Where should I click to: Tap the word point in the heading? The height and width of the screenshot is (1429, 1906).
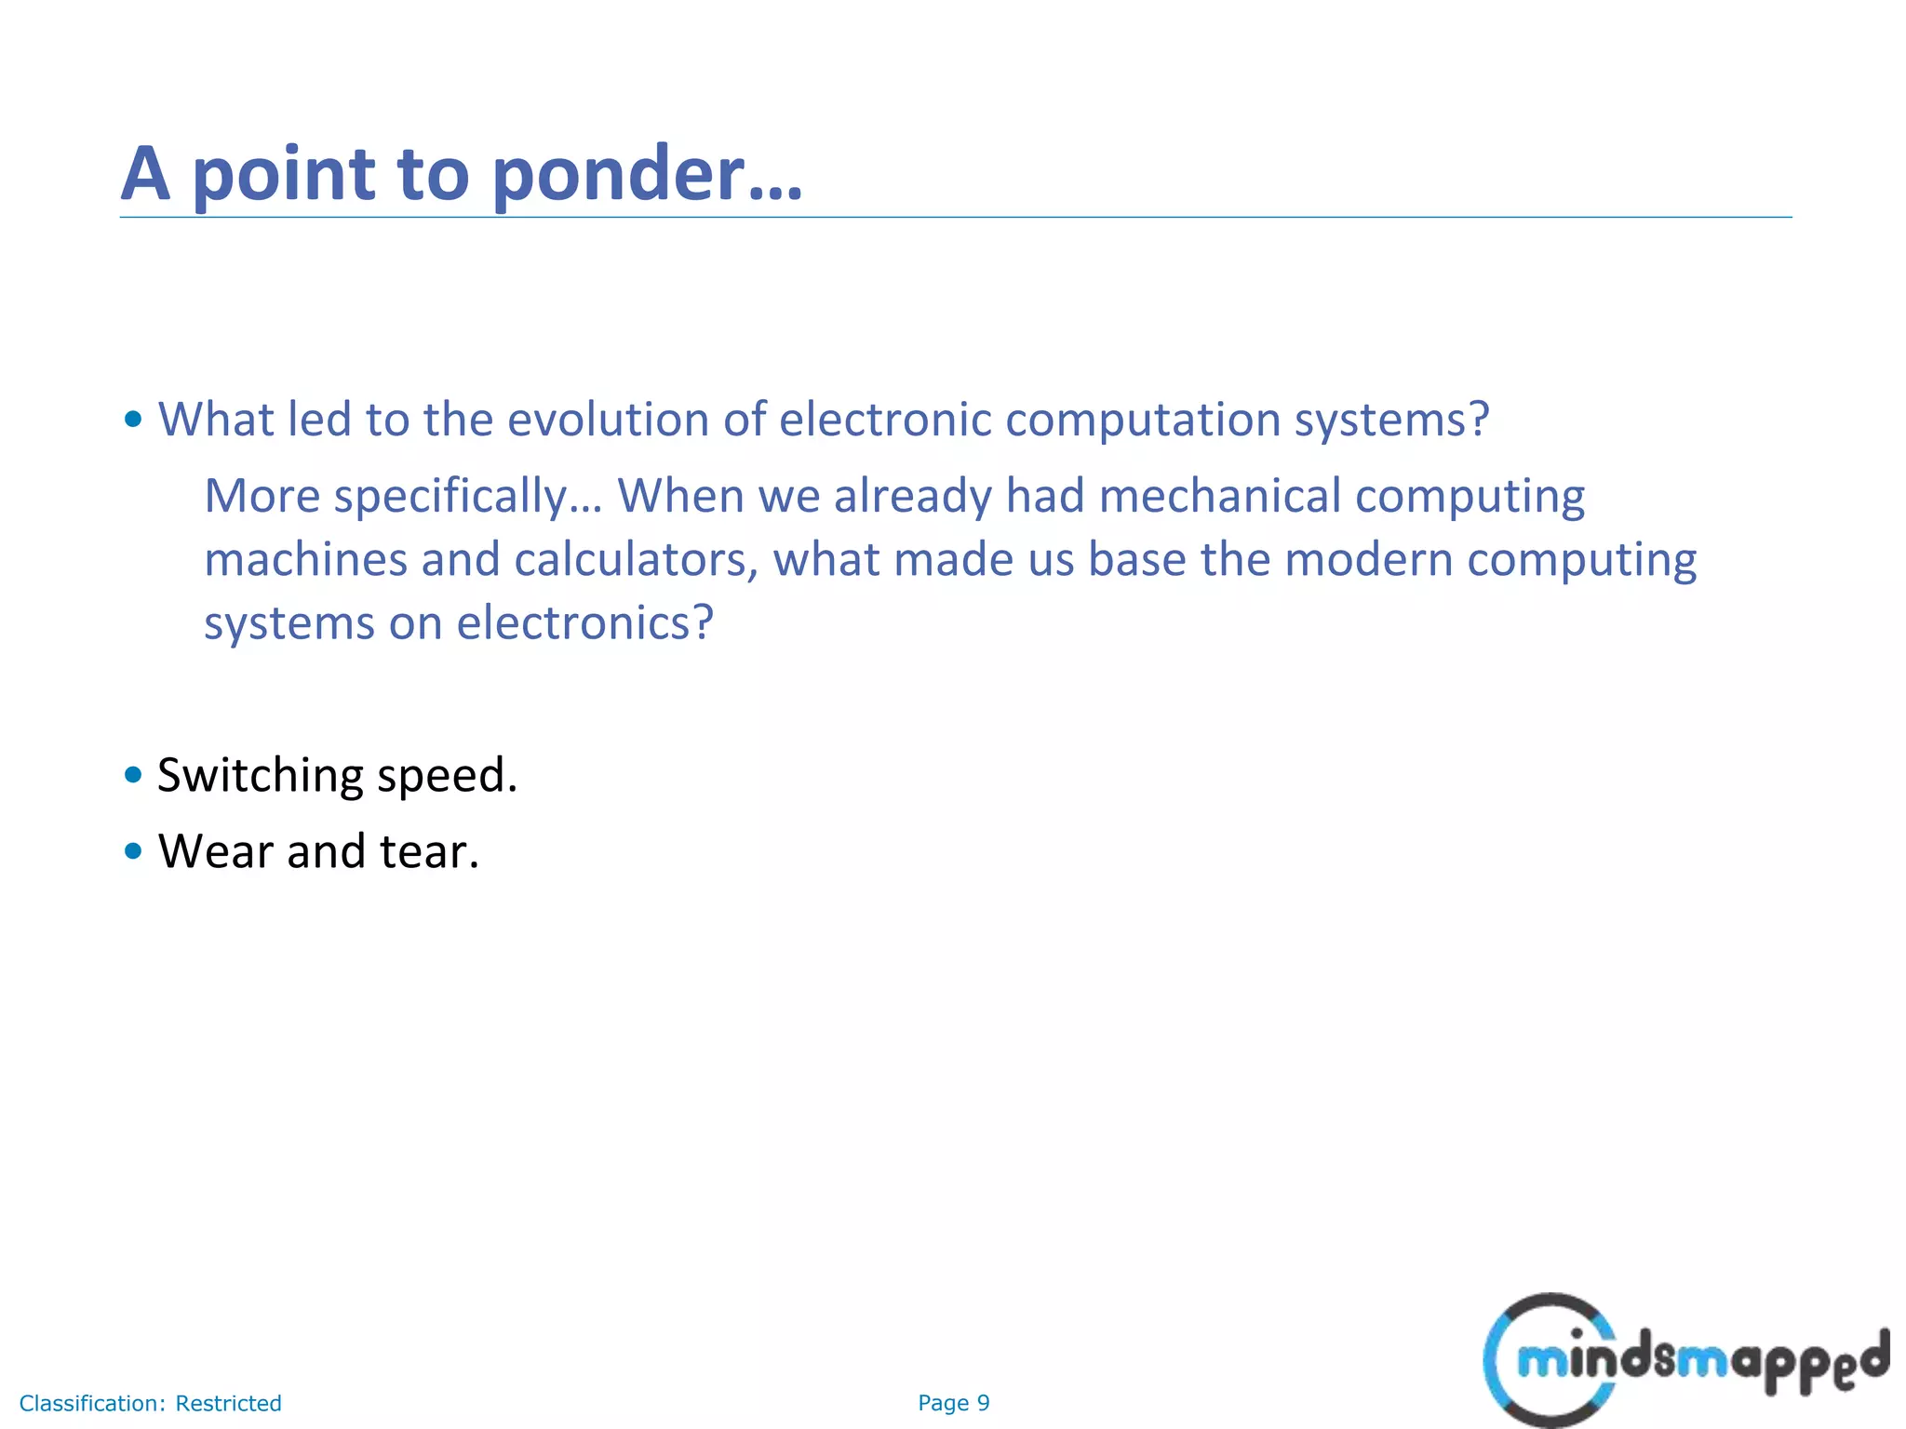283,175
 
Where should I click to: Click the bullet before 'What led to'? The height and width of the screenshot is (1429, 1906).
133,420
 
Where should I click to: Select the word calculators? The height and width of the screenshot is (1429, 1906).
635,559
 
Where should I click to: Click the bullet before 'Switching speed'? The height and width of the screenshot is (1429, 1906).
133,774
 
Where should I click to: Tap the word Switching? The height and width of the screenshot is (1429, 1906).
261,776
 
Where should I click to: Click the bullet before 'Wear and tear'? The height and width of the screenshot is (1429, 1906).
133,850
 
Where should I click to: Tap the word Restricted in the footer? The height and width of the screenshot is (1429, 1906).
228,1403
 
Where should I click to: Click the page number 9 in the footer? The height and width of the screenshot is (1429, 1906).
983,1403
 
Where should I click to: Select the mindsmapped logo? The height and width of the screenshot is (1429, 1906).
1684,1359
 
